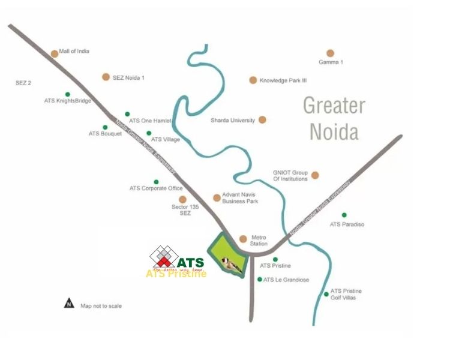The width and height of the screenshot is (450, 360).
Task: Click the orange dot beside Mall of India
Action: (x=55, y=53)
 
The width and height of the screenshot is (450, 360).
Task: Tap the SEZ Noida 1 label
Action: (x=128, y=77)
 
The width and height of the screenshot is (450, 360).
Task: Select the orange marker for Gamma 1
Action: (x=330, y=53)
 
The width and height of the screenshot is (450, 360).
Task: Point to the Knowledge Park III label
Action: (x=283, y=80)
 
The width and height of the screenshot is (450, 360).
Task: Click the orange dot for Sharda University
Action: (x=262, y=120)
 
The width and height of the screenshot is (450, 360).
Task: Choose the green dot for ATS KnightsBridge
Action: (x=67, y=94)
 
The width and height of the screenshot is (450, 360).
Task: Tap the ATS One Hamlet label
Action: (x=151, y=121)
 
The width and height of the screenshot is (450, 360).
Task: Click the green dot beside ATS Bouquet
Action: (x=105, y=127)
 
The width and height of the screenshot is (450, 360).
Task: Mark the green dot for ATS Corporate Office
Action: (x=156, y=182)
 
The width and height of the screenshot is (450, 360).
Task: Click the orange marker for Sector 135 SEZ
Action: (x=183, y=199)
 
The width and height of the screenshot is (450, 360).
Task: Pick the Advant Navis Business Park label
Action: (x=240, y=198)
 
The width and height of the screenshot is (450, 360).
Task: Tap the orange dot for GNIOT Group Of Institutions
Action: (x=315, y=175)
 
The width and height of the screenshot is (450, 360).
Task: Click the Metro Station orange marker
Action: (x=243, y=238)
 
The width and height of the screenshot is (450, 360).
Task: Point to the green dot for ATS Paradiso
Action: (x=344, y=215)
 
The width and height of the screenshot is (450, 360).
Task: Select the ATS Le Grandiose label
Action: (x=286, y=280)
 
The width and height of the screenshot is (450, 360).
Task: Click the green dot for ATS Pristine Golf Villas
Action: (x=326, y=294)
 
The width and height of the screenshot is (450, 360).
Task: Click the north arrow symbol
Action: (x=69, y=304)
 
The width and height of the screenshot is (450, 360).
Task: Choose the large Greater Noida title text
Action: (x=334, y=118)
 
